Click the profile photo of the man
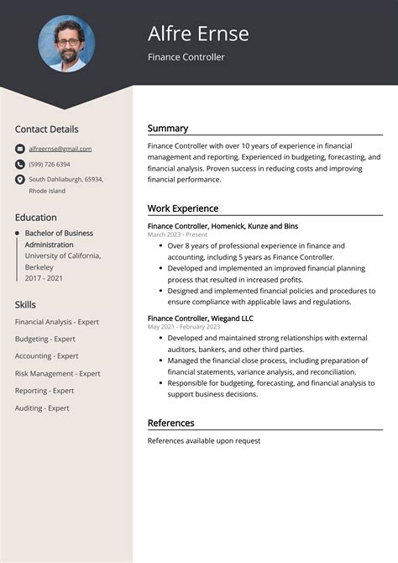(66, 44)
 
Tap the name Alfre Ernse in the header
(198, 34)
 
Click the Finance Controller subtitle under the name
(186, 57)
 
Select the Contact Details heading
(46, 129)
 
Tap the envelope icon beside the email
(20, 149)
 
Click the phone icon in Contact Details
(20, 165)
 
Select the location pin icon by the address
(20, 180)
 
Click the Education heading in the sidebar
(36, 217)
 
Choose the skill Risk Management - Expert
(57, 374)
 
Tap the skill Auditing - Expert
(42, 408)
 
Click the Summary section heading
(168, 129)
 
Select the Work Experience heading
(183, 208)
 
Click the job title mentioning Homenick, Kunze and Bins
(223, 226)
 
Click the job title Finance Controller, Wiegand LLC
(200, 318)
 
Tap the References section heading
(170, 423)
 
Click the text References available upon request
(204, 440)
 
